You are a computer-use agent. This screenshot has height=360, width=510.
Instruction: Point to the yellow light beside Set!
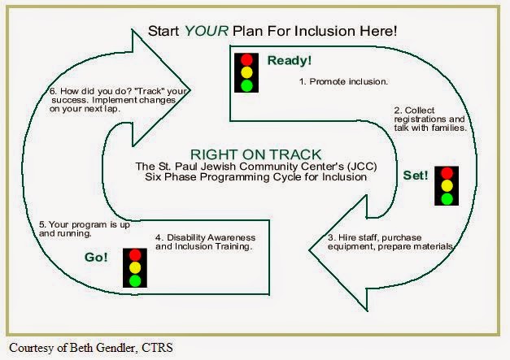click(x=445, y=186)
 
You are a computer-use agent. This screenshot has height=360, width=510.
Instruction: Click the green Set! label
click(x=415, y=175)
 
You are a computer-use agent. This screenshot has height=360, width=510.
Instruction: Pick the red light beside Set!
click(x=445, y=173)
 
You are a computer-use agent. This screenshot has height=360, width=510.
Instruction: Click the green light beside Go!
click(x=133, y=280)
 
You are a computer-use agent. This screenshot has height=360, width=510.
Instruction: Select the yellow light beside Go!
click(x=133, y=267)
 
